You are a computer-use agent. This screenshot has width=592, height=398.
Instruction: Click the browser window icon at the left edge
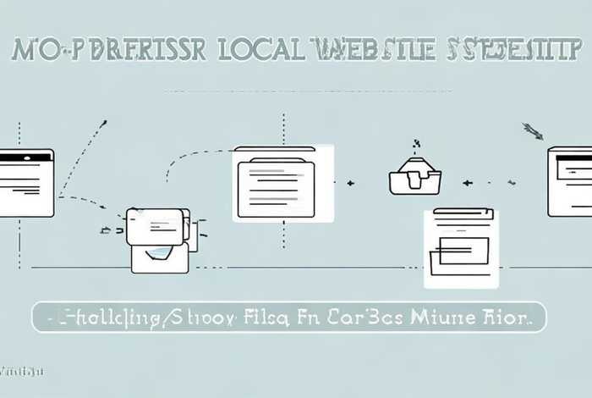click(25, 182)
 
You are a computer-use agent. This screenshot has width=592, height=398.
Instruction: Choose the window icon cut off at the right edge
click(569, 181)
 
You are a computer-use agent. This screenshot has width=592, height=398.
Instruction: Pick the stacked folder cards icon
click(161, 240)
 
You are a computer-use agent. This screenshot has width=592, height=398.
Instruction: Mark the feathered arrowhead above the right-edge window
click(533, 130)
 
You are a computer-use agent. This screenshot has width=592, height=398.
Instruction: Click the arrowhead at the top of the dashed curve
click(102, 124)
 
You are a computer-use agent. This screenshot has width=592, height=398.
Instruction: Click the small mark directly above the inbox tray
click(415, 145)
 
